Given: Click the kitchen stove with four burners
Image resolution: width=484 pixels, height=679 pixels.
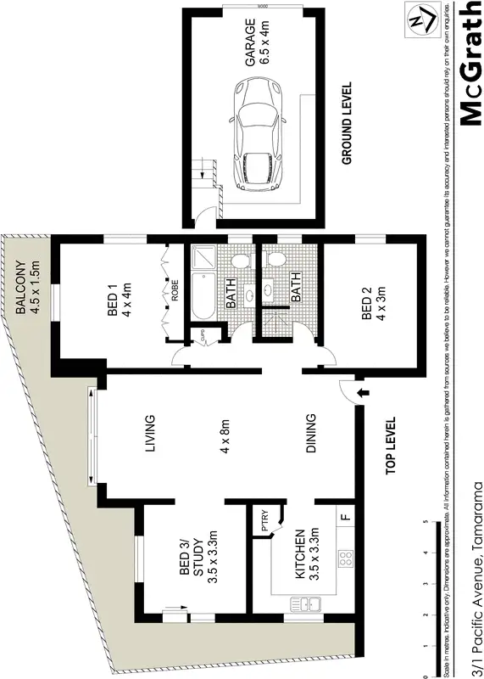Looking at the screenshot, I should tap(346, 558).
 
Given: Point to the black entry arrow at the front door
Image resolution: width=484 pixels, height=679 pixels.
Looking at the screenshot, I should tap(363, 392).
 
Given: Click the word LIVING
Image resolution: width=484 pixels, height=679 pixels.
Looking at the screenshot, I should tap(151, 434).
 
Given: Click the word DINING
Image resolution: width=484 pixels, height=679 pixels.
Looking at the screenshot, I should tap(311, 434).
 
